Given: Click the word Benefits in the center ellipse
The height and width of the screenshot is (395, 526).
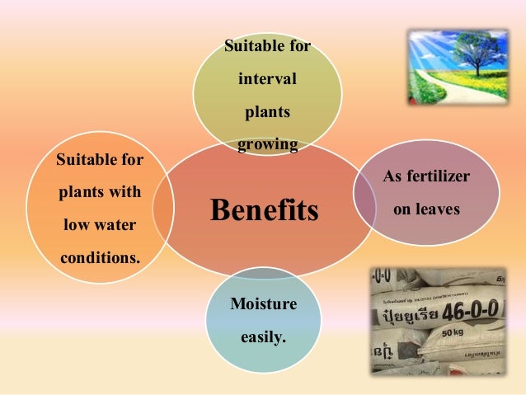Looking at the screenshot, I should (264, 210).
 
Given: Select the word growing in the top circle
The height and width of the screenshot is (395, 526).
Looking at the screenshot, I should (267, 146).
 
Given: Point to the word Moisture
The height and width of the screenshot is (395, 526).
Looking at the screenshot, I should (263, 305).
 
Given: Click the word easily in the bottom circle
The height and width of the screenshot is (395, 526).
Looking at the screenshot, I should (261, 336).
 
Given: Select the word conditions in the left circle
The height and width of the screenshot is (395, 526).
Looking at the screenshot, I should (100, 257).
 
